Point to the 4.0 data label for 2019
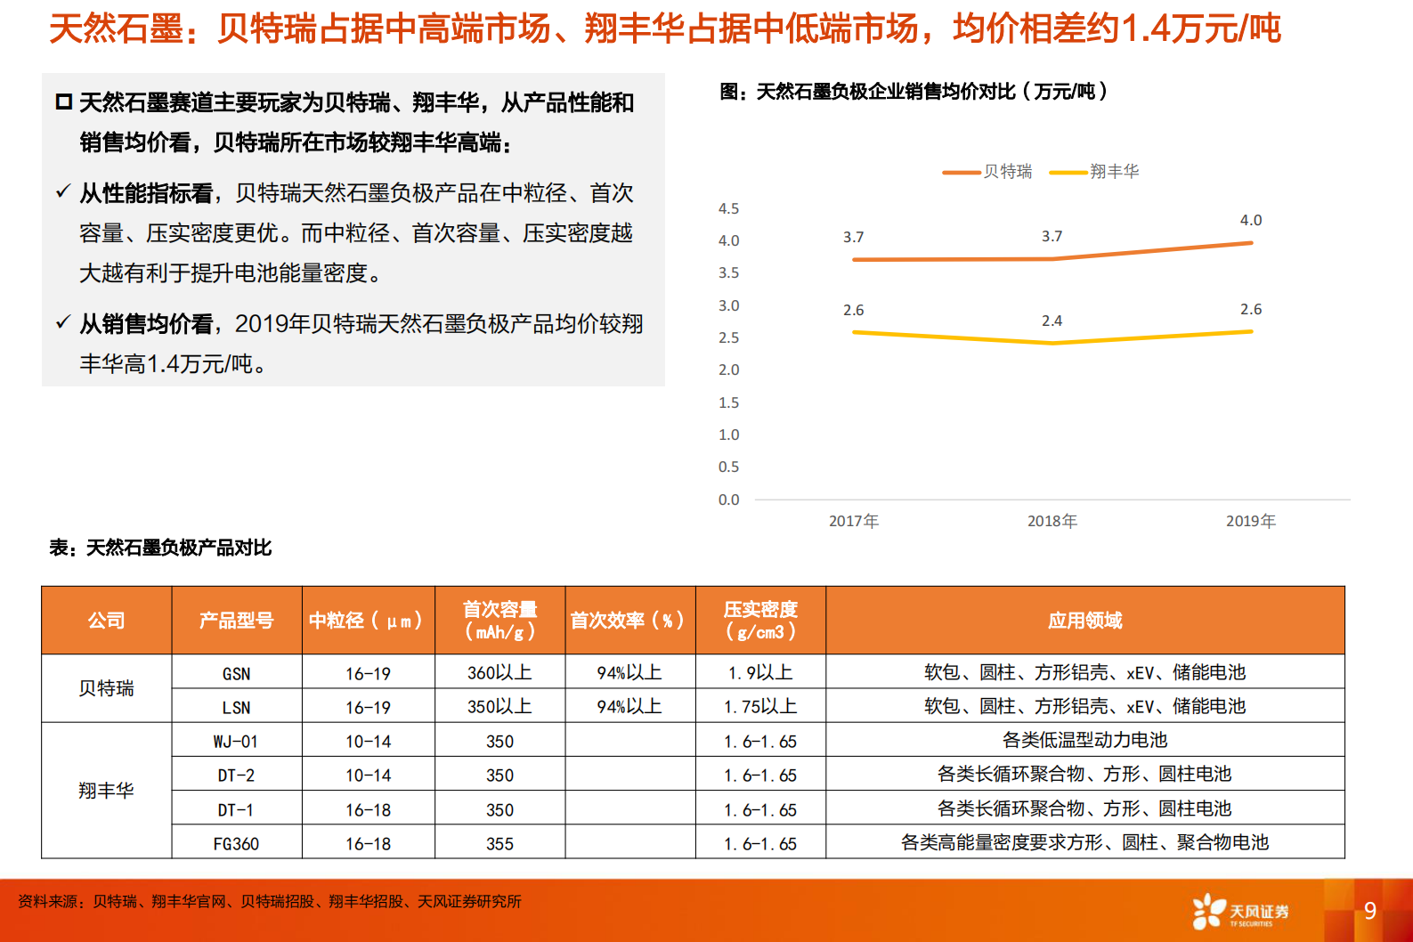click(1250, 220)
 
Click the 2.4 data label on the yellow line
click(1052, 321)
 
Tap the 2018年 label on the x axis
click(1052, 521)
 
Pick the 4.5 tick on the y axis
click(728, 208)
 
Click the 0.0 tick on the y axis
click(728, 499)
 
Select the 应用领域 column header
click(1084, 621)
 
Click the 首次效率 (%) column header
click(629, 621)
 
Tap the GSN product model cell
click(236, 673)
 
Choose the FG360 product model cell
click(236, 843)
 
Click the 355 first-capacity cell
click(499, 843)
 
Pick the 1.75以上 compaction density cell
click(759, 707)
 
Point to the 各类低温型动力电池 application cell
click(1084, 740)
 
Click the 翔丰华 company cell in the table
click(106, 791)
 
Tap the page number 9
click(1369, 911)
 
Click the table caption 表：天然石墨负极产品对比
click(160, 548)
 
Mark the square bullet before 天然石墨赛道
click(63, 102)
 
